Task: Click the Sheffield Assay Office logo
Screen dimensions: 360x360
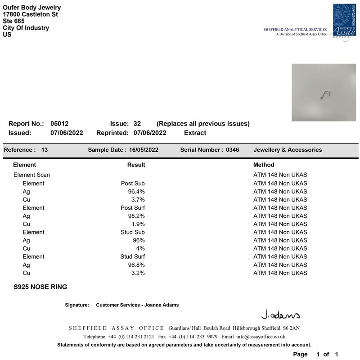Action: (344, 22)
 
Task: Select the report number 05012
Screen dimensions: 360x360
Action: (59, 124)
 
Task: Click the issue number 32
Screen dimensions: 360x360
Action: (137, 124)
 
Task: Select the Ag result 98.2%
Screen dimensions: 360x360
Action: (136, 216)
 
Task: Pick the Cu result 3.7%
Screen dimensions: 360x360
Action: (138, 200)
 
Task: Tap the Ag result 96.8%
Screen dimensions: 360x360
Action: (136, 265)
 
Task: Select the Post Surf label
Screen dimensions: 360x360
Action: (133, 208)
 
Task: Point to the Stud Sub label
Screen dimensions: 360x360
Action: (132, 232)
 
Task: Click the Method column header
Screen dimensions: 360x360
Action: (264, 165)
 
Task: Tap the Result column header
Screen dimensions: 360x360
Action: (136, 165)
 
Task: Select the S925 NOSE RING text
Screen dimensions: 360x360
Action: (40, 287)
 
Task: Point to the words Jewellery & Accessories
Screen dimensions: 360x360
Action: (288, 150)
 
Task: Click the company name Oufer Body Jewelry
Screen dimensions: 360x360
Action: (32, 8)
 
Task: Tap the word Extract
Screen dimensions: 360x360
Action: (195, 133)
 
